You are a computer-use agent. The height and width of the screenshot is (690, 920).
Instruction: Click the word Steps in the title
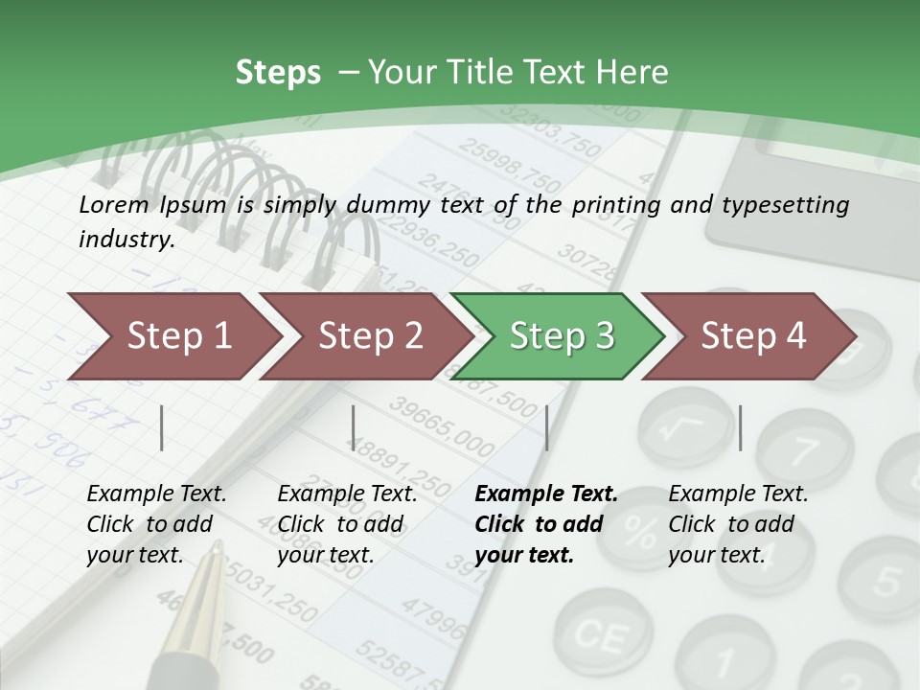coord(278,73)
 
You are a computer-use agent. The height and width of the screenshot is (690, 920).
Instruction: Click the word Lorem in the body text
coord(113,204)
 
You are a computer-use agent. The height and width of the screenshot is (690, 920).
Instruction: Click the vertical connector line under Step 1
coord(162,427)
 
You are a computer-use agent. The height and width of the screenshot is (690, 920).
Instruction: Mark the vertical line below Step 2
coord(354,427)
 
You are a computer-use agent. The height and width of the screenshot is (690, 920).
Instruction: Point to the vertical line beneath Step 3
coord(546,427)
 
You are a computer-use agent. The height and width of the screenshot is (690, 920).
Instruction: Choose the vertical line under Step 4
coord(740,427)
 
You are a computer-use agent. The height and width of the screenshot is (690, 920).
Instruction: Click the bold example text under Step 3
coord(545,524)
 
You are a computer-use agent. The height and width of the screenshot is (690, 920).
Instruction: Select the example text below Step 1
coord(156,524)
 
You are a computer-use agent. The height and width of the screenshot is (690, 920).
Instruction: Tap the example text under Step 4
coord(737,524)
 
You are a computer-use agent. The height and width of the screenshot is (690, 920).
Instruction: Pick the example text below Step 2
coord(346,524)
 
